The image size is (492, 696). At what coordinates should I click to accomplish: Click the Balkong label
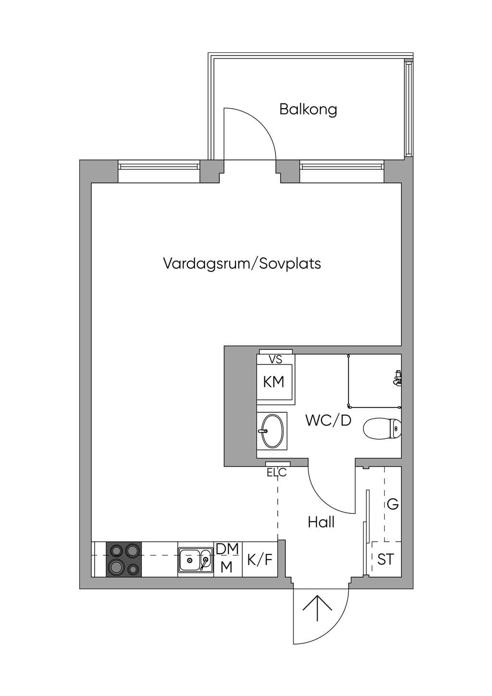pyautogui.click(x=308, y=110)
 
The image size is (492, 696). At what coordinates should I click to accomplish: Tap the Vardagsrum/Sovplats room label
pyautogui.click(x=242, y=264)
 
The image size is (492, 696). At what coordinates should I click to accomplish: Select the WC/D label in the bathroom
pyautogui.click(x=328, y=421)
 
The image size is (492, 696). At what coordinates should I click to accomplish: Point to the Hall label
pyautogui.click(x=321, y=522)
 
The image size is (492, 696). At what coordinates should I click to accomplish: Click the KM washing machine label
pyautogui.click(x=274, y=382)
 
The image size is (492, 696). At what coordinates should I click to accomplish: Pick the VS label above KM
pyautogui.click(x=275, y=360)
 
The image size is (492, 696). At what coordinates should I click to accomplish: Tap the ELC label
pyautogui.click(x=277, y=472)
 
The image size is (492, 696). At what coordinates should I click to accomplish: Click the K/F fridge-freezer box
pyautogui.click(x=260, y=559)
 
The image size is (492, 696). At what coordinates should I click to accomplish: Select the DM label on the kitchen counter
pyautogui.click(x=227, y=549)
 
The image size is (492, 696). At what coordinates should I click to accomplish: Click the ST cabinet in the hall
pyautogui.click(x=386, y=559)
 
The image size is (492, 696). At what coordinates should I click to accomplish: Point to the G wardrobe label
pyautogui.click(x=393, y=504)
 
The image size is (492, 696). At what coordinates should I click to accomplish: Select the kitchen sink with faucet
pyautogui.click(x=196, y=560)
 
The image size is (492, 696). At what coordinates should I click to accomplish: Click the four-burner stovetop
pyautogui.click(x=124, y=559)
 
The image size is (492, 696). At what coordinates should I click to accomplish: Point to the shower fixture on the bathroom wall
pyautogui.click(x=397, y=378)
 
